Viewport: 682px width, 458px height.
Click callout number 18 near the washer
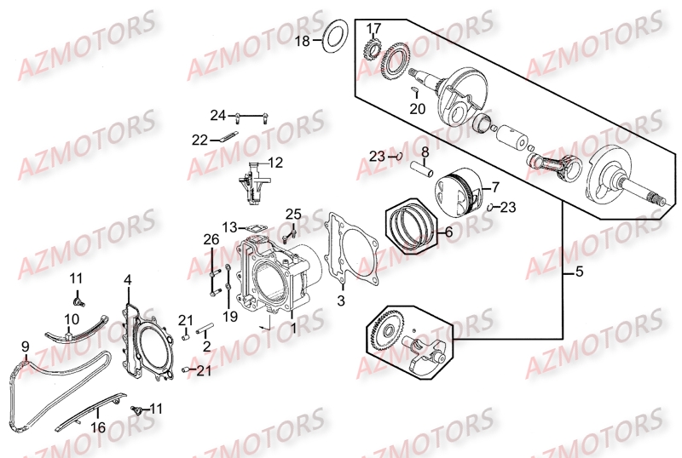(303, 40)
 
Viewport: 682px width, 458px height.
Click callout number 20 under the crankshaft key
(416, 108)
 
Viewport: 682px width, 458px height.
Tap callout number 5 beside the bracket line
(580, 273)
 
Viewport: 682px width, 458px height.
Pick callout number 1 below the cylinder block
(292, 325)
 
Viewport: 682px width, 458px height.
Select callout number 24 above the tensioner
(218, 115)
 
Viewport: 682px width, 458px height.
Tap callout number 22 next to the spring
(199, 139)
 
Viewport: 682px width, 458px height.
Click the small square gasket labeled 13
(251, 227)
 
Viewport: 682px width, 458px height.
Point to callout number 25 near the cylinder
(293, 214)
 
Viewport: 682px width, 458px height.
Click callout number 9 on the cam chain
(26, 346)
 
